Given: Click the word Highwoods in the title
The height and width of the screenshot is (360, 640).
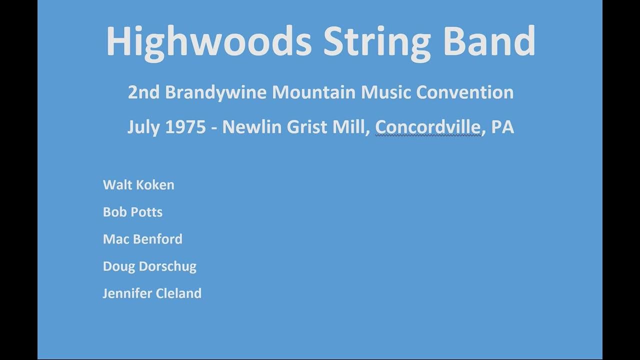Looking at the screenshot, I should [208, 42].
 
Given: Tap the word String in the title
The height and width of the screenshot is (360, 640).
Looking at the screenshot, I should [376, 42].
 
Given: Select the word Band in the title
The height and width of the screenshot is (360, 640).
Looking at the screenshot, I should [489, 41].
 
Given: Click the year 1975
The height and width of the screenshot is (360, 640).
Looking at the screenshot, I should [185, 127].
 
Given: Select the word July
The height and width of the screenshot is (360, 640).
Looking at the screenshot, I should [143, 127].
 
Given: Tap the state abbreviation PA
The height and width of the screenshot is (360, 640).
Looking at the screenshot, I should [502, 127].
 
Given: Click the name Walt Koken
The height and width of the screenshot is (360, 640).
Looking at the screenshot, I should [138, 185].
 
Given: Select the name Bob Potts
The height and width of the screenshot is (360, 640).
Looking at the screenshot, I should [132, 212].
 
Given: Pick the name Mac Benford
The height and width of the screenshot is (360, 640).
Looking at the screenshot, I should [142, 239].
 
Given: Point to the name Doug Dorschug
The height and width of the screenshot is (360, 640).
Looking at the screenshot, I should [149, 266].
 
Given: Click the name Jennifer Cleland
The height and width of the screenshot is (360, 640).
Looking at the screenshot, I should [152, 293].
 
